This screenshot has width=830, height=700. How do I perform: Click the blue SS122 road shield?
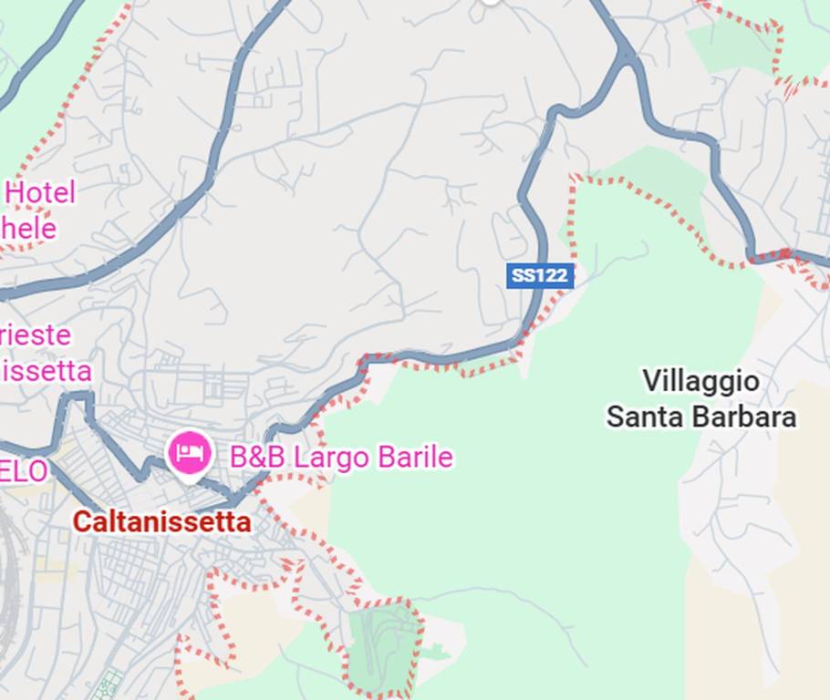click(540, 275)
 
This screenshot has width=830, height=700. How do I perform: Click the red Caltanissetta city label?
click(161, 522)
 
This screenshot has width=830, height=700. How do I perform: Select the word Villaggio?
click(700, 381)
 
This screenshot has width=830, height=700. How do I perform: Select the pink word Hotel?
click(40, 193)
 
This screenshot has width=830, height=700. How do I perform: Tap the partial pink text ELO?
click(24, 471)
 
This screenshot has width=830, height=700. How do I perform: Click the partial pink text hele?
click(28, 228)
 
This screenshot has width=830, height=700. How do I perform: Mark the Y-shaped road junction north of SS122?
click(626, 55)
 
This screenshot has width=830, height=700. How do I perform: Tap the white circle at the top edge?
click(491, 2)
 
